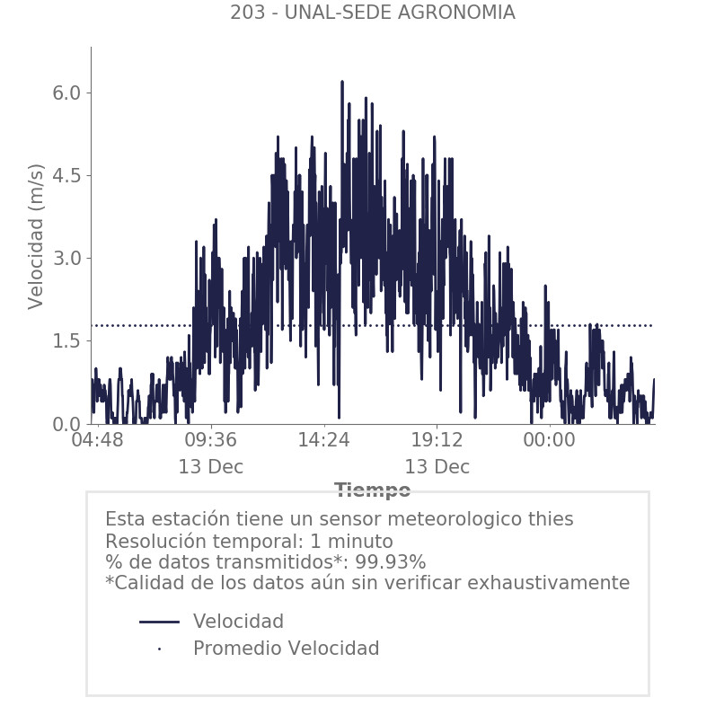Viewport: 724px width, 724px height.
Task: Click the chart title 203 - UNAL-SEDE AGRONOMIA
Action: pos(372,13)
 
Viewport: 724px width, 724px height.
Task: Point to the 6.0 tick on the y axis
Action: pos(62,93)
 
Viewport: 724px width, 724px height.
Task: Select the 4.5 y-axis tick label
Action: pos(62,175)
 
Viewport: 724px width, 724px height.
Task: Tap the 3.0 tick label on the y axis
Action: pos(62,258)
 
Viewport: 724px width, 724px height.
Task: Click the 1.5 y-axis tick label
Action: pos(62,340)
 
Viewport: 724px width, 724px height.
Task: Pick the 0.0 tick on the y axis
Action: pos(62,423)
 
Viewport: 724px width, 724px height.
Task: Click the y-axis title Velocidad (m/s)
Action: pos(36,236)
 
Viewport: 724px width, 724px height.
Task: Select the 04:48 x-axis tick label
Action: pos(97,441)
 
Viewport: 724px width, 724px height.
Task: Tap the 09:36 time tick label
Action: pos(211,441)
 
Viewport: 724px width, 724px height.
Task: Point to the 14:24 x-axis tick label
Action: pos(323,441)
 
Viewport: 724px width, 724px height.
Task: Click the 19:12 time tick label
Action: pos(437,441)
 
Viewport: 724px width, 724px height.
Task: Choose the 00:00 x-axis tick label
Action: pos(550,441)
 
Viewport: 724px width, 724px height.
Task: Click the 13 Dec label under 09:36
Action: pos(211,467)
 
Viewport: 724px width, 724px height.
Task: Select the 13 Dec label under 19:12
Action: pos(437,467)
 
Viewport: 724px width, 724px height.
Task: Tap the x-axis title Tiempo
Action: pos(372,490)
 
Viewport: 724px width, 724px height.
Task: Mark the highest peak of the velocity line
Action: pos(342,82)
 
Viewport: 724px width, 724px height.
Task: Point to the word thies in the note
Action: pos(547,519)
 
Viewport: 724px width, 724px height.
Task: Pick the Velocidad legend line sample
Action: pos(159,622)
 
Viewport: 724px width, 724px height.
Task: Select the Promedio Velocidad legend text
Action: pos(286,649)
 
